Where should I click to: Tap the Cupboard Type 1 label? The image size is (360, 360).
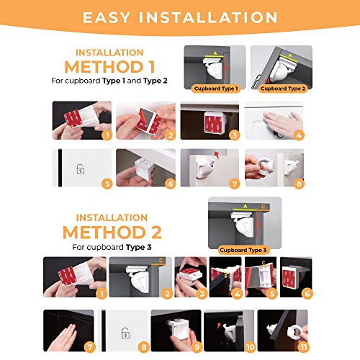coord(215,89)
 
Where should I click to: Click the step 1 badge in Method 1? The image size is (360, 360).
coord(107,134)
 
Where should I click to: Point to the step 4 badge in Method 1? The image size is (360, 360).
coord(300,134)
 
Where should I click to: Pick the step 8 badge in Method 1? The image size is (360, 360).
coord(300,184)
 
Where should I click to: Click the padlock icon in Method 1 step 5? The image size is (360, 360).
coord(81,170)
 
